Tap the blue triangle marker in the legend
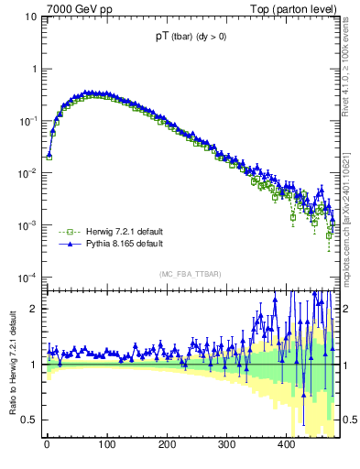click(x=65, y=245)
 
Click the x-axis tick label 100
click(x=107, y=445)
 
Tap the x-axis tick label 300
click(x=227, y=445)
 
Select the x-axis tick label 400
click(x=287, y=445)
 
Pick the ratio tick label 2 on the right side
click(x=349, y=309)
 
